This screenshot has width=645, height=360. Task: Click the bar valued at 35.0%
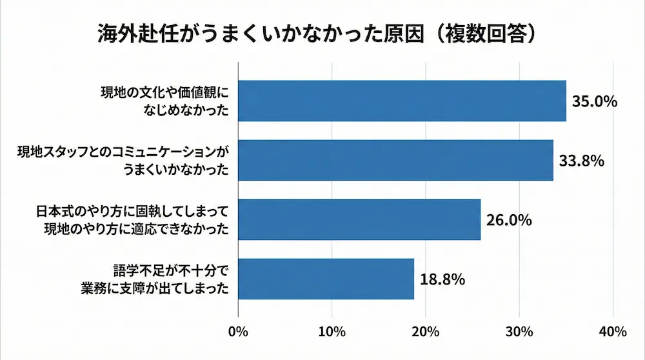tap(402, 101)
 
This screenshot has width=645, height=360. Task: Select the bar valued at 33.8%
tap(396, 160)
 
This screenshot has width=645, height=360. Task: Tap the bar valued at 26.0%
tap(360, 219)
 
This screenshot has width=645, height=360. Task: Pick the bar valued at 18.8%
tap(326, 279)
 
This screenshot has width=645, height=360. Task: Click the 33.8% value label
tap(582, 161)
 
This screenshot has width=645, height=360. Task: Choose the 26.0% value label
tap(510, 221)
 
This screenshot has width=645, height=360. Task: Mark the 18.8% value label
tap(442, 280)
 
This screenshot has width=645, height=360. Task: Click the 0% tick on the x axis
tap(239, 332)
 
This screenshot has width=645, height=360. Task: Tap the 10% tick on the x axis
tap(332, 332)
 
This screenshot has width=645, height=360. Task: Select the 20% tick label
tap(426, 332)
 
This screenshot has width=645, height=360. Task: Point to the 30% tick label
tap(519, 332)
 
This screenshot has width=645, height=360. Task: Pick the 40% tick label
tap(612, 332)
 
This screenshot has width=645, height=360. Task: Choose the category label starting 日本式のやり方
tap(133, 219)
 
